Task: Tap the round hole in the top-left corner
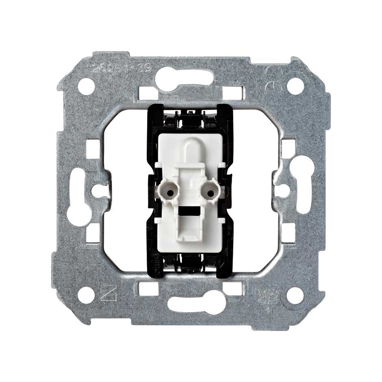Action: (x=86, y=86)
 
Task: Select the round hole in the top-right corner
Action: (x=295, y=86)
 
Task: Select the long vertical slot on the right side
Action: (x=304, y=185)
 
